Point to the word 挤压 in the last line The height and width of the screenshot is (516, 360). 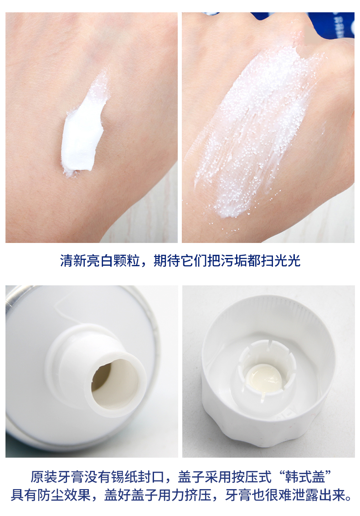coord(198,495)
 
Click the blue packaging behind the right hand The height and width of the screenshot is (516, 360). coord(332,24)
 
